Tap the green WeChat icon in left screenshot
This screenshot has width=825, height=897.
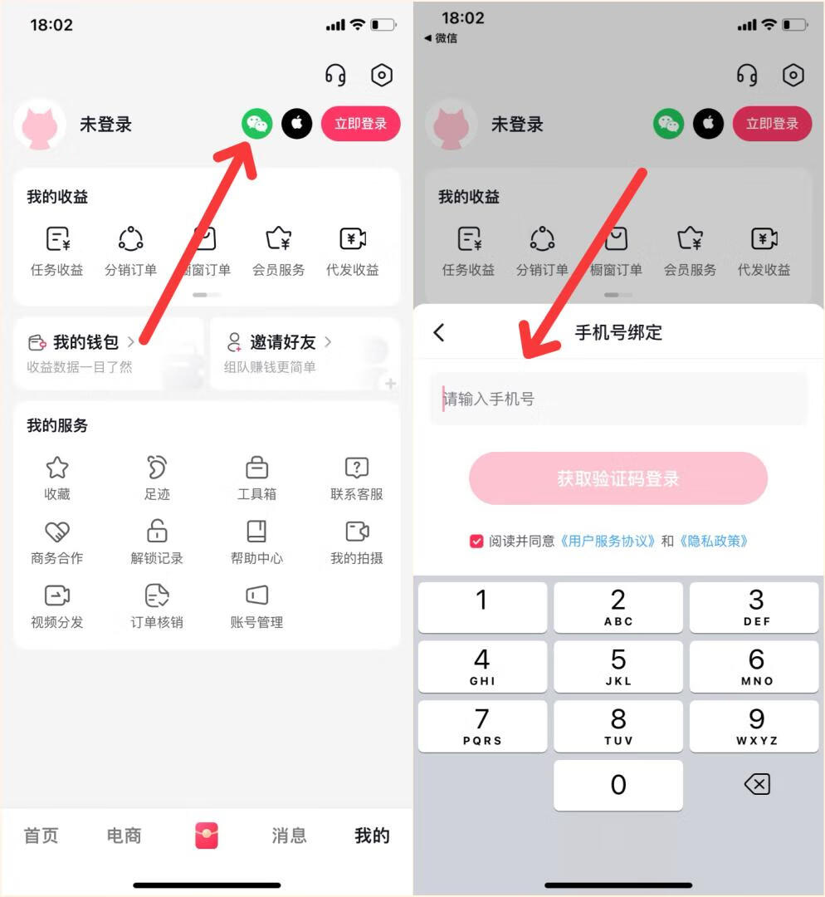pyautogui.click(x=257, y=125)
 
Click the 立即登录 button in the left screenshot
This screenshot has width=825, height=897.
pyautogui.click(x=360, y=125)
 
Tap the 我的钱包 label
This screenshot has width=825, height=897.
pyautogui.click(x=85, y=342)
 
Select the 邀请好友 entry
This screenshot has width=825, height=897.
pyautogui.click(x=282, y=342)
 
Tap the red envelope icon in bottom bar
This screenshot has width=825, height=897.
pyautogui.click(x=206, y=836)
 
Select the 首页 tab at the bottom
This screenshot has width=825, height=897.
pyautogui.click(x=41, y=836)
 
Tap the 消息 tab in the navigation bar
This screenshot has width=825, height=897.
pyautogui.click(x=289, y=836)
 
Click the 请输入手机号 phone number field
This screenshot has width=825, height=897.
pyautogui.click(x=618, y=399)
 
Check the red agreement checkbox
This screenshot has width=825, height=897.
pyautogui.click(x=476, y=542)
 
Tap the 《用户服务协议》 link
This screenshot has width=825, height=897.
pyautogui.click(x=608, y=542)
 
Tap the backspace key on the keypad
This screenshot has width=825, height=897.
pyautogui.click(x=756, y=784)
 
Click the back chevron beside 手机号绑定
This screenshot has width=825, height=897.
pyautogui.click(x=439, y=333)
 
